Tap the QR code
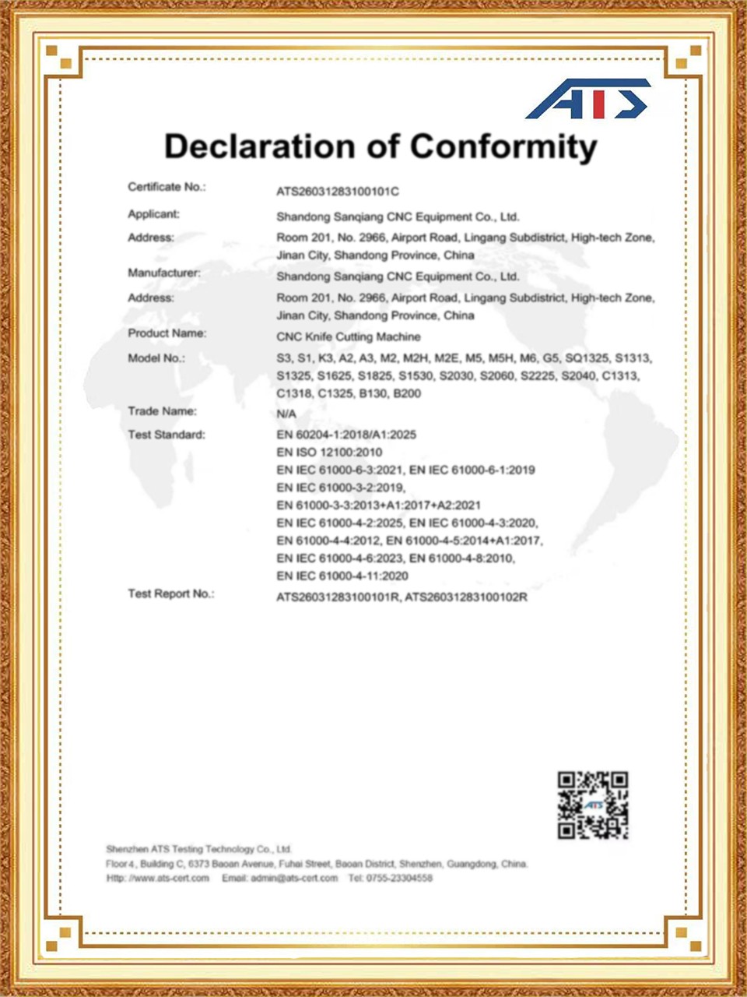(x=593, y=805)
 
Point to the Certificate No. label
(x=167, y=187)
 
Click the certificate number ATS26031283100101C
(x=338, y=192)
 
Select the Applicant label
(x=153, y=214)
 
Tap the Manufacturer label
(x=164, y=273)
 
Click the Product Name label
(x=167, y=333)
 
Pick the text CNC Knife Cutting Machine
(x=348, y=336)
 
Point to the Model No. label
(x=156, y=358)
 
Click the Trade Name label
(x=162, y=411)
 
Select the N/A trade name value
(x=286, y=414)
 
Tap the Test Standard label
(x=167, y=435)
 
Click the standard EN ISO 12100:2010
(x=329, y=452)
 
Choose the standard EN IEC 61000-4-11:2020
(x=342, y=576)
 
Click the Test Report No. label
(x=170, y=594)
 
